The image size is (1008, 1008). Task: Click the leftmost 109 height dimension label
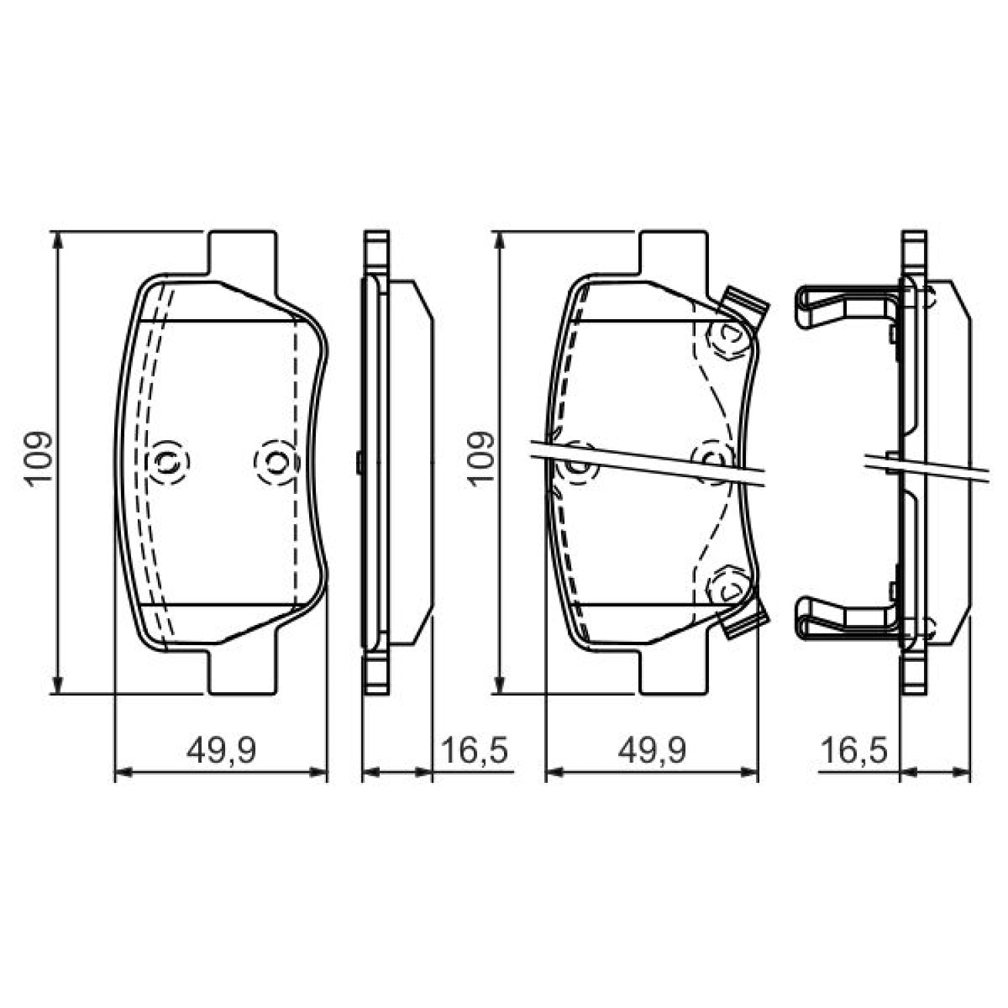click(x=38, y=458)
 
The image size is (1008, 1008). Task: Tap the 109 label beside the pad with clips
click(x=480, y=458)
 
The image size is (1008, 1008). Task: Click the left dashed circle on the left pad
click(x=168, y=462)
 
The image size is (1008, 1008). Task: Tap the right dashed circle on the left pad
click(x=276, y=462)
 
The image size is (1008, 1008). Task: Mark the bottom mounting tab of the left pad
click(x=243, y=671)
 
